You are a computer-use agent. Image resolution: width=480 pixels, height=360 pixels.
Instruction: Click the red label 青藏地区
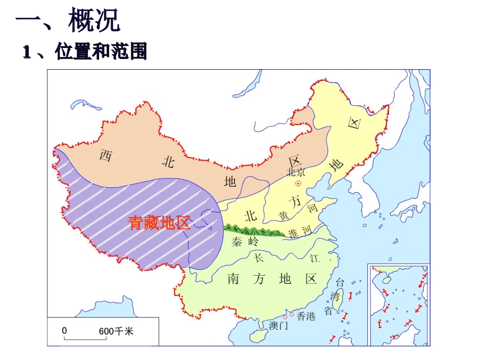point(159,223)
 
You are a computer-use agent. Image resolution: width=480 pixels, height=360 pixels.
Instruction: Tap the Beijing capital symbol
point(299,184)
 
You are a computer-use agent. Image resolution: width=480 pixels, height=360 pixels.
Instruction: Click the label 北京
point(296,172)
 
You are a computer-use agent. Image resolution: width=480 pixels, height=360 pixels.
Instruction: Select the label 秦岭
point(245,242)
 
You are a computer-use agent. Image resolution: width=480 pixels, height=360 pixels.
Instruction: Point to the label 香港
point(306,317)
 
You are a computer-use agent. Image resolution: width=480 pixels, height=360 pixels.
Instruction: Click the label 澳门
point(278,326)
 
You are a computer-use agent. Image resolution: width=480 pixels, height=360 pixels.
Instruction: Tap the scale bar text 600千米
point(116,331)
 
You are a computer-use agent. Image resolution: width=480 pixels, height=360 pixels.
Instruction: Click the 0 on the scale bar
point(64,331)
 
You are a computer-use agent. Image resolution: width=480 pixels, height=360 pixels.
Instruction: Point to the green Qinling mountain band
point(253,231)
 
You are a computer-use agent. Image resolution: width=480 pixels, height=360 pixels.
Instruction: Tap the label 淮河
point(300,231)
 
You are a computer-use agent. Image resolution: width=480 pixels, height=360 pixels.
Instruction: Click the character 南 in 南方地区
point(233,278)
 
